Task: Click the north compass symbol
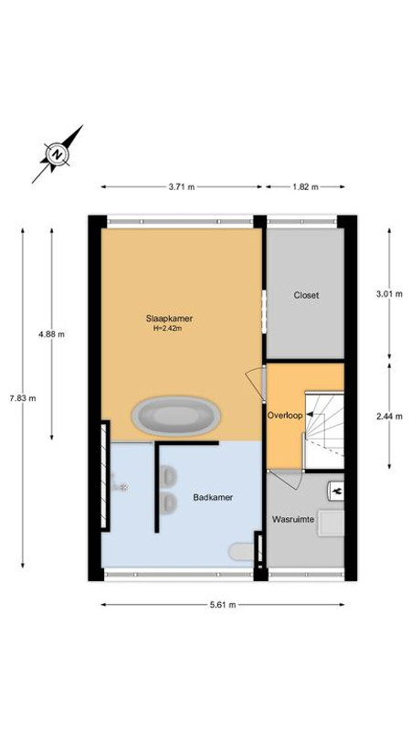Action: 57,154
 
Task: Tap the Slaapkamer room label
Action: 169,319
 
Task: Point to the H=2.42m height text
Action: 167,328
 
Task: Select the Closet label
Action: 306,295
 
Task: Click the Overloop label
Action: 285,415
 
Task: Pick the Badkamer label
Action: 213,497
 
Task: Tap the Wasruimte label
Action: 292,519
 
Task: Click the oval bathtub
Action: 176,417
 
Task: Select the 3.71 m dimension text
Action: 182,187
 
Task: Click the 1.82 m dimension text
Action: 305,187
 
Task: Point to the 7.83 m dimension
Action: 23,398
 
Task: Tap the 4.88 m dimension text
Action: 52,334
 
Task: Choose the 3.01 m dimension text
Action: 389,294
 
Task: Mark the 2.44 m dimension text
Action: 389,417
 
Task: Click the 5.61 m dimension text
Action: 222,605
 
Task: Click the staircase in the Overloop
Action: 324,430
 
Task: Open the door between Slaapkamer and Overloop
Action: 257,383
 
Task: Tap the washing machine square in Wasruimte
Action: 332,523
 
